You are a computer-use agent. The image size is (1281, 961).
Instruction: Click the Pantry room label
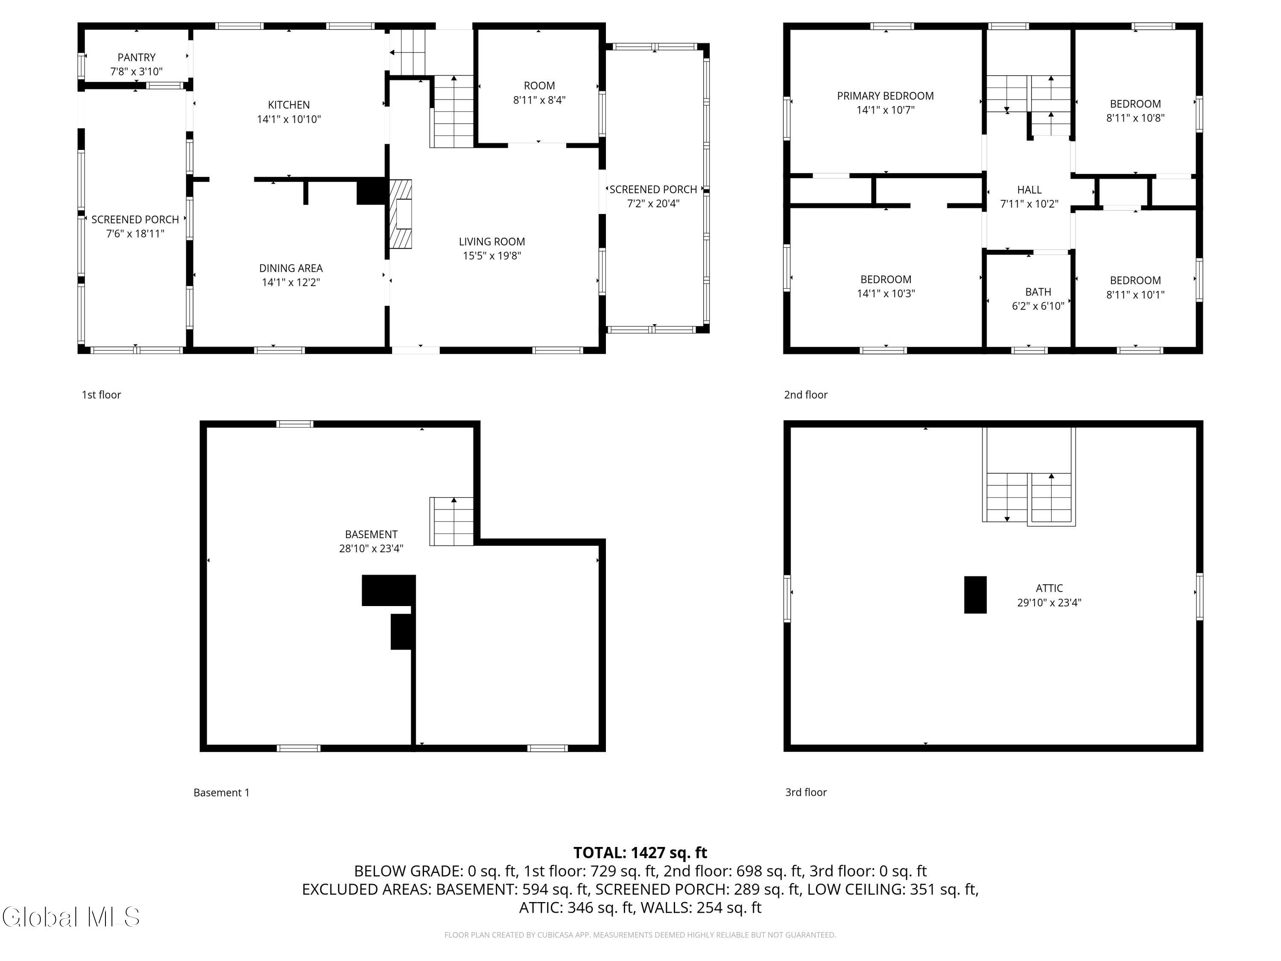(137, 57)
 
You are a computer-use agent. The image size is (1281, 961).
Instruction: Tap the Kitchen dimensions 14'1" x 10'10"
(289, 119)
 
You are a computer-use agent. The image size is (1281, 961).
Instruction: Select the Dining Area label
(291, 268)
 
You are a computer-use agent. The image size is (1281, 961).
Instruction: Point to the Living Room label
(491, 242)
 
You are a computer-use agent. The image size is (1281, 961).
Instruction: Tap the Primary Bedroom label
(886, 96)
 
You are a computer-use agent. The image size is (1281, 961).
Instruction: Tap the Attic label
(1050, 589)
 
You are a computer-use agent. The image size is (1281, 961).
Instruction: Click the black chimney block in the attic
(975, 595)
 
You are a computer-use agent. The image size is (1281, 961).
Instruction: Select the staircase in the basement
(451, 522)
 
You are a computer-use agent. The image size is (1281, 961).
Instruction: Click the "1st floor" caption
(101, 395)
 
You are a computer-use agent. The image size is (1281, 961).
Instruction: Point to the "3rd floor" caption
(806, 792)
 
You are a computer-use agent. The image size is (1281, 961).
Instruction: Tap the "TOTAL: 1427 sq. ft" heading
(640, 853)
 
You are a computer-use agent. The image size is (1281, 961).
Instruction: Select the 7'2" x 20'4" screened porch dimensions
(653, 204)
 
